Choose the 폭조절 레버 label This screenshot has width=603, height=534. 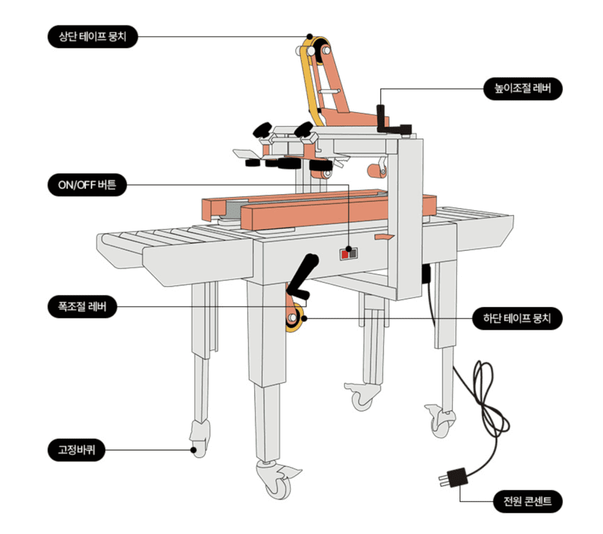point(82,307)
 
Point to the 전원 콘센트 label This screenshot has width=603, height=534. point(528,502)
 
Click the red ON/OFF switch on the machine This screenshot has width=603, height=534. point(344,254)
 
